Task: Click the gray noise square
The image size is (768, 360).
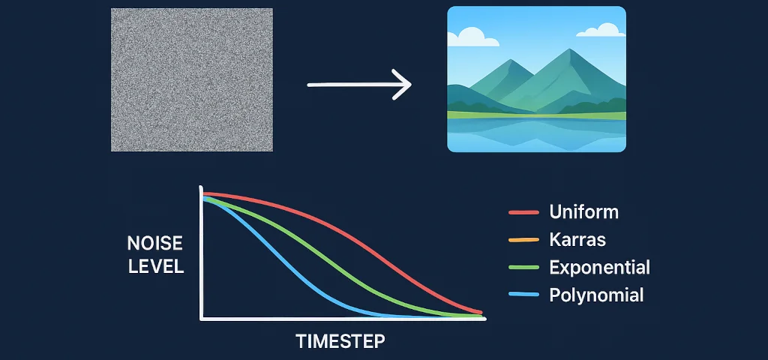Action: point(191,79)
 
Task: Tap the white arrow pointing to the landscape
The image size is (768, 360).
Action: point(359,85)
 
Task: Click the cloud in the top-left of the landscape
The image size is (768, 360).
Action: point(472,37)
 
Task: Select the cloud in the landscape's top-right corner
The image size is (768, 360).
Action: point(602,30)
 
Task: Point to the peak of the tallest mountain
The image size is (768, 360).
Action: point(568,49)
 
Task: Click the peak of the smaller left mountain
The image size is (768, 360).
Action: point(510,60)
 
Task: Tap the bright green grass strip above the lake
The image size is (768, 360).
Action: point(536,115)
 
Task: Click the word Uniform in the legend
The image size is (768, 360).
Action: point(583,212)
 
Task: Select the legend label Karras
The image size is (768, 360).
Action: point(577,240)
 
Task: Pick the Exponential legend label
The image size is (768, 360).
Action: point(599,268)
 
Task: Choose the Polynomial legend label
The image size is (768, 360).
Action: point(596,295)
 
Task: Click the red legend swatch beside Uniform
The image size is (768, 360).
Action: point(523,212)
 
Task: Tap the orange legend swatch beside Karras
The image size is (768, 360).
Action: point(523,240)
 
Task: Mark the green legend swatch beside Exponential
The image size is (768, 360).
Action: point(523,268)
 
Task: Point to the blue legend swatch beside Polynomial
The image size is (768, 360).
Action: point(523,294)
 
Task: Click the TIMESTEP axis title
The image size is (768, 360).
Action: point(340,341)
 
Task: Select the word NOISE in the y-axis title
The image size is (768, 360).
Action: point(154,244)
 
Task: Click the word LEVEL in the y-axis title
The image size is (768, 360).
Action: point(156,266)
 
